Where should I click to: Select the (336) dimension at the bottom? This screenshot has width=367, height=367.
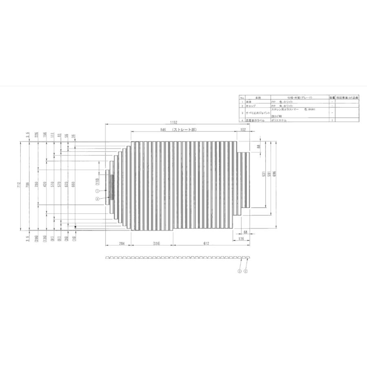click(156, 243)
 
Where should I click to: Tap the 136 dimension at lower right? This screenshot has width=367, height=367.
click(241, 239)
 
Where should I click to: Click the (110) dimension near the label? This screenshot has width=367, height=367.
click(98, 181)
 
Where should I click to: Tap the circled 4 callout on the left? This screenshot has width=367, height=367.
click(97, 199)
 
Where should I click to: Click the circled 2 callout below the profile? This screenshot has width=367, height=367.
click(246, 271)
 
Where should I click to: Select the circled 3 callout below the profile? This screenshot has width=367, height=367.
click(240, 271)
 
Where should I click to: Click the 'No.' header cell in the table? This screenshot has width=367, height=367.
click(242, 98)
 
